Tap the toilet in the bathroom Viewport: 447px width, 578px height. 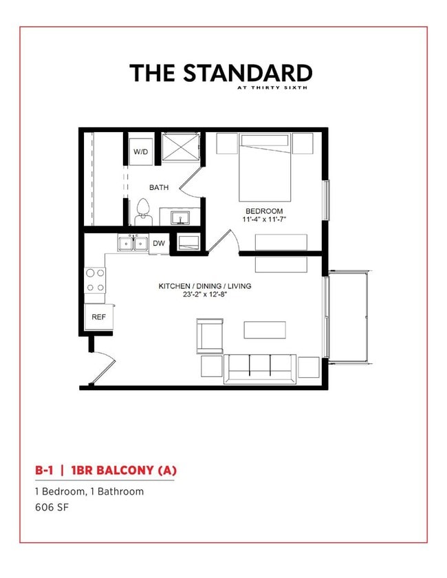[x=144, y=211]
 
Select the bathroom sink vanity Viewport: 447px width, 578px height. [x=181, y=217]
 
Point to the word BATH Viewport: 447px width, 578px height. [x=159, y=186]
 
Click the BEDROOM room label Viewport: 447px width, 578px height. [x=265, y=211]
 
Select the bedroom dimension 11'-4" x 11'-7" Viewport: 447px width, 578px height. [x=265, y=220]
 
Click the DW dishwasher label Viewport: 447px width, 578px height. [x=159, y=243]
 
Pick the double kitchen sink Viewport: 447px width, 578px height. [x=133, y=243]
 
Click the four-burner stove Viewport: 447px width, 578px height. [x=95, y=280]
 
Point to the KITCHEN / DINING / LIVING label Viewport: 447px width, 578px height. [x=205, y=286]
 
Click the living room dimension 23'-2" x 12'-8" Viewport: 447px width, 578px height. [x=205, y=295]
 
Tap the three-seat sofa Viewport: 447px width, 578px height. [x=260, y=367]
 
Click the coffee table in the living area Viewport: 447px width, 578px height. [x=265, y=330]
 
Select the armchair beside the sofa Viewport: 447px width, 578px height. [x=209, y=335]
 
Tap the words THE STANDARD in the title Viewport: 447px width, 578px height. [x=221, y=72]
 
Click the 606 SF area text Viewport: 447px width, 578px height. [x=53, y=507]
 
